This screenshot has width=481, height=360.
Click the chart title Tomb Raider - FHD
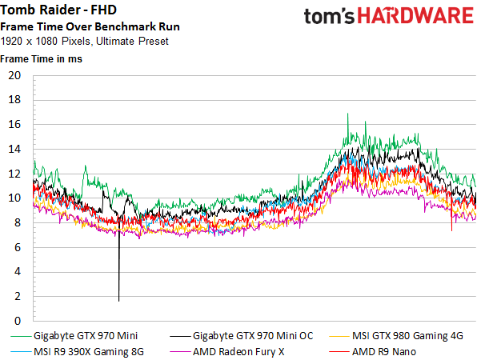pos(58,10)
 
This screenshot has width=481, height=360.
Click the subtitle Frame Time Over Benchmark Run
pos(90,26)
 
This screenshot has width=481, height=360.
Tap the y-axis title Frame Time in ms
pos(41,59)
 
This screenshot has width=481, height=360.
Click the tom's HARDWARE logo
pos(389,16)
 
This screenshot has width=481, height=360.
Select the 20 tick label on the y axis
pos(14,75)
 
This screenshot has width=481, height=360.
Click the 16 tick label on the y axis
pos(14,125)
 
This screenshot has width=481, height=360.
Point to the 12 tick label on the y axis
pos(14,174)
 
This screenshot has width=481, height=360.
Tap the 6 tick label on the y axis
pos(18,247)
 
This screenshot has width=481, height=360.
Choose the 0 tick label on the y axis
pos(18,321)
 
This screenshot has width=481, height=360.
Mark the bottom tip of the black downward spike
pos(118,301)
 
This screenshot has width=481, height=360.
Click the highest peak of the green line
pos(347,114)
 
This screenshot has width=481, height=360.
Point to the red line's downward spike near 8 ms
pos(451,230)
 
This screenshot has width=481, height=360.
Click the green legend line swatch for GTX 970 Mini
pos(21,336)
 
